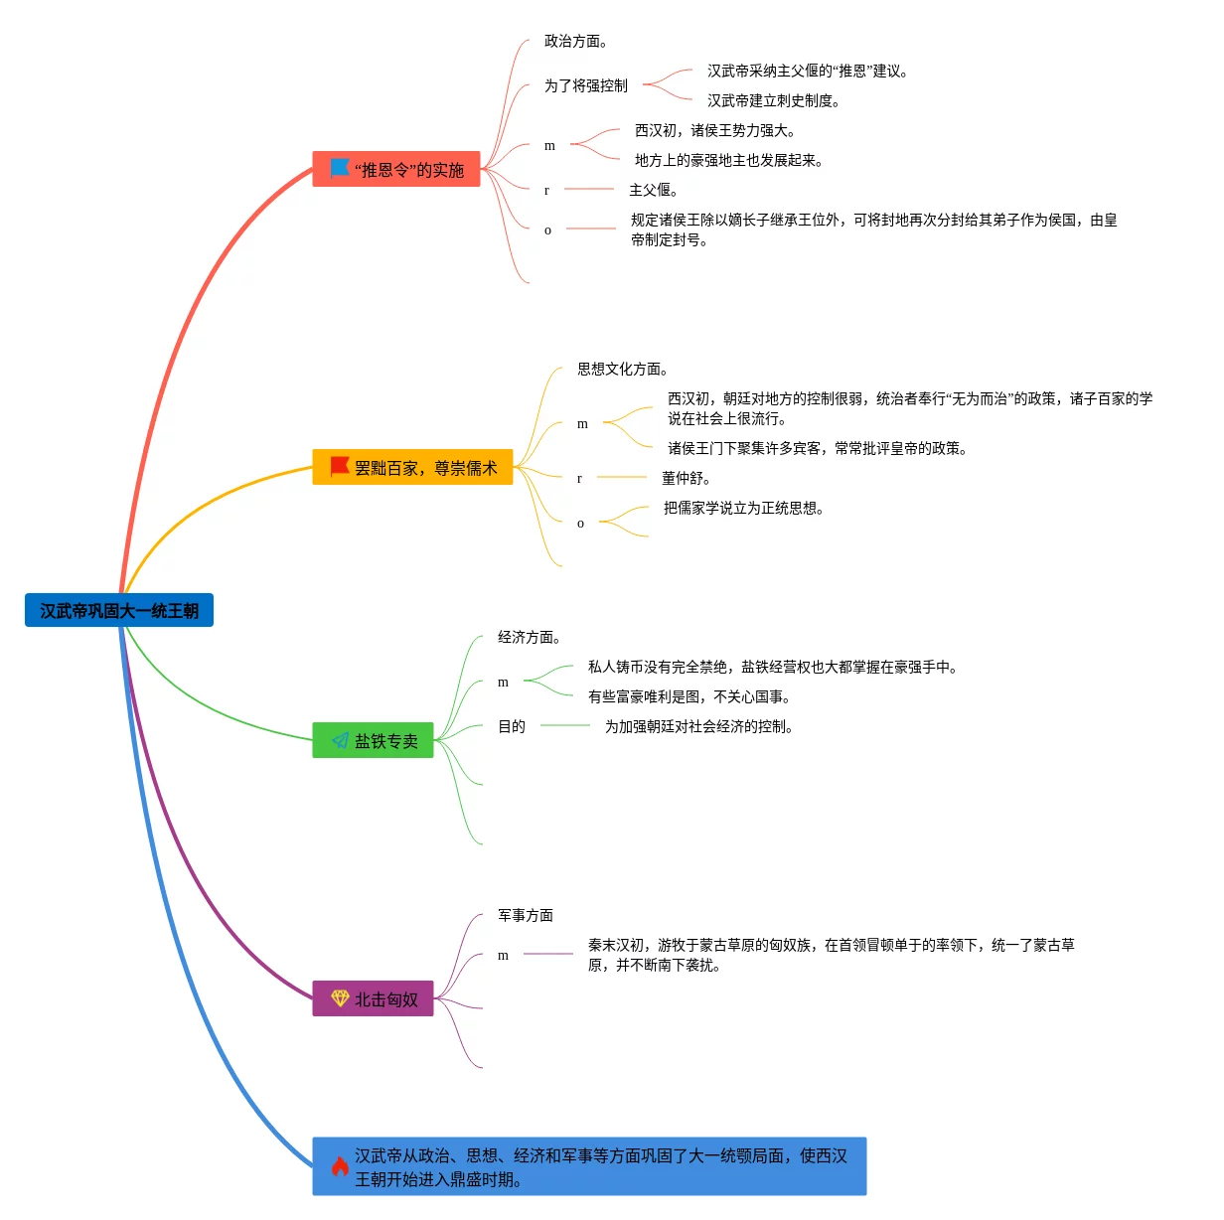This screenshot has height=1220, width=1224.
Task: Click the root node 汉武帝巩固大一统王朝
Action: (119, 611)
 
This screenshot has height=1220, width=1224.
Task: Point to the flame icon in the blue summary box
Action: (340, 1166)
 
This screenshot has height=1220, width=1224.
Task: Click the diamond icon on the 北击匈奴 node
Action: (340, 998)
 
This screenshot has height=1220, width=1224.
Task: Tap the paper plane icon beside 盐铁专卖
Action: (340, 741)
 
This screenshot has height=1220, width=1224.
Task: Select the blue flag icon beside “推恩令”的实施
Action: (340, 168)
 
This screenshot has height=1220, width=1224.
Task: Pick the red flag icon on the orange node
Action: (340, 466)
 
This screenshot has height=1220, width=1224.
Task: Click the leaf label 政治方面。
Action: (575, 41)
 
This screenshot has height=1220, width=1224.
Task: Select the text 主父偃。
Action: (653, 190)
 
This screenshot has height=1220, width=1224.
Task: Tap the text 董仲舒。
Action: (686, 478)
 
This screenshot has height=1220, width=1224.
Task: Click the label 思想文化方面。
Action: (622, 369)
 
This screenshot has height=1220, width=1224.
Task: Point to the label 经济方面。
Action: (529, 637)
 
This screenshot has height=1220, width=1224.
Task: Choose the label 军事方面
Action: (525, 915)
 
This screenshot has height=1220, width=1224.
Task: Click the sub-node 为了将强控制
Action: (585, 85)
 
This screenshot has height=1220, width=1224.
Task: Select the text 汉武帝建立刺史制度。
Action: (773, 100)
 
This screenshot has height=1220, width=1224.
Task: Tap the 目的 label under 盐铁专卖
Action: (511, 726)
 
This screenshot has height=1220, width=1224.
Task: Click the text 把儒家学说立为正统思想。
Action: (743, 508)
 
